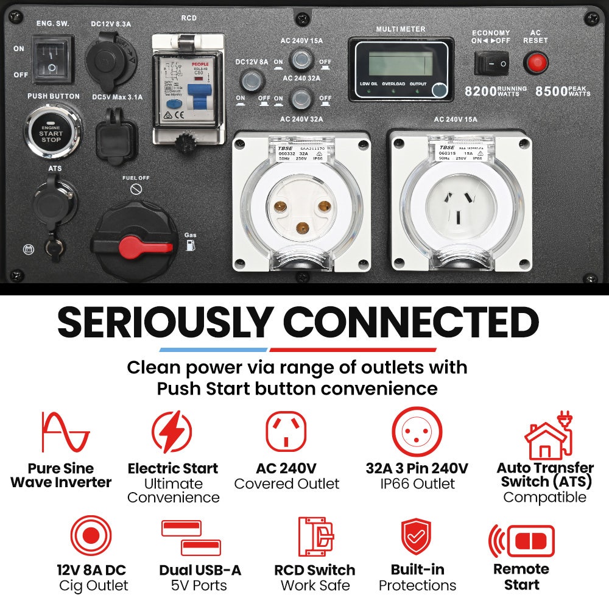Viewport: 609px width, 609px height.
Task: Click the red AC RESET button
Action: click(536, 62)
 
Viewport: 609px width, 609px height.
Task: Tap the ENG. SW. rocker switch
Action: click(52, 60)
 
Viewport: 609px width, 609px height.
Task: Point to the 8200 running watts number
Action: click(480, 91)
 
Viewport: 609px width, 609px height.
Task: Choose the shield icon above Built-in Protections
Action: click(417, 537)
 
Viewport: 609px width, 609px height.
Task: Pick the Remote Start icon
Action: click(522, 541)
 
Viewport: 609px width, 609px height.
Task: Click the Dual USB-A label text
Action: click(200, 570)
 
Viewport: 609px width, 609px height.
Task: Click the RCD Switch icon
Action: click(315, 537)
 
